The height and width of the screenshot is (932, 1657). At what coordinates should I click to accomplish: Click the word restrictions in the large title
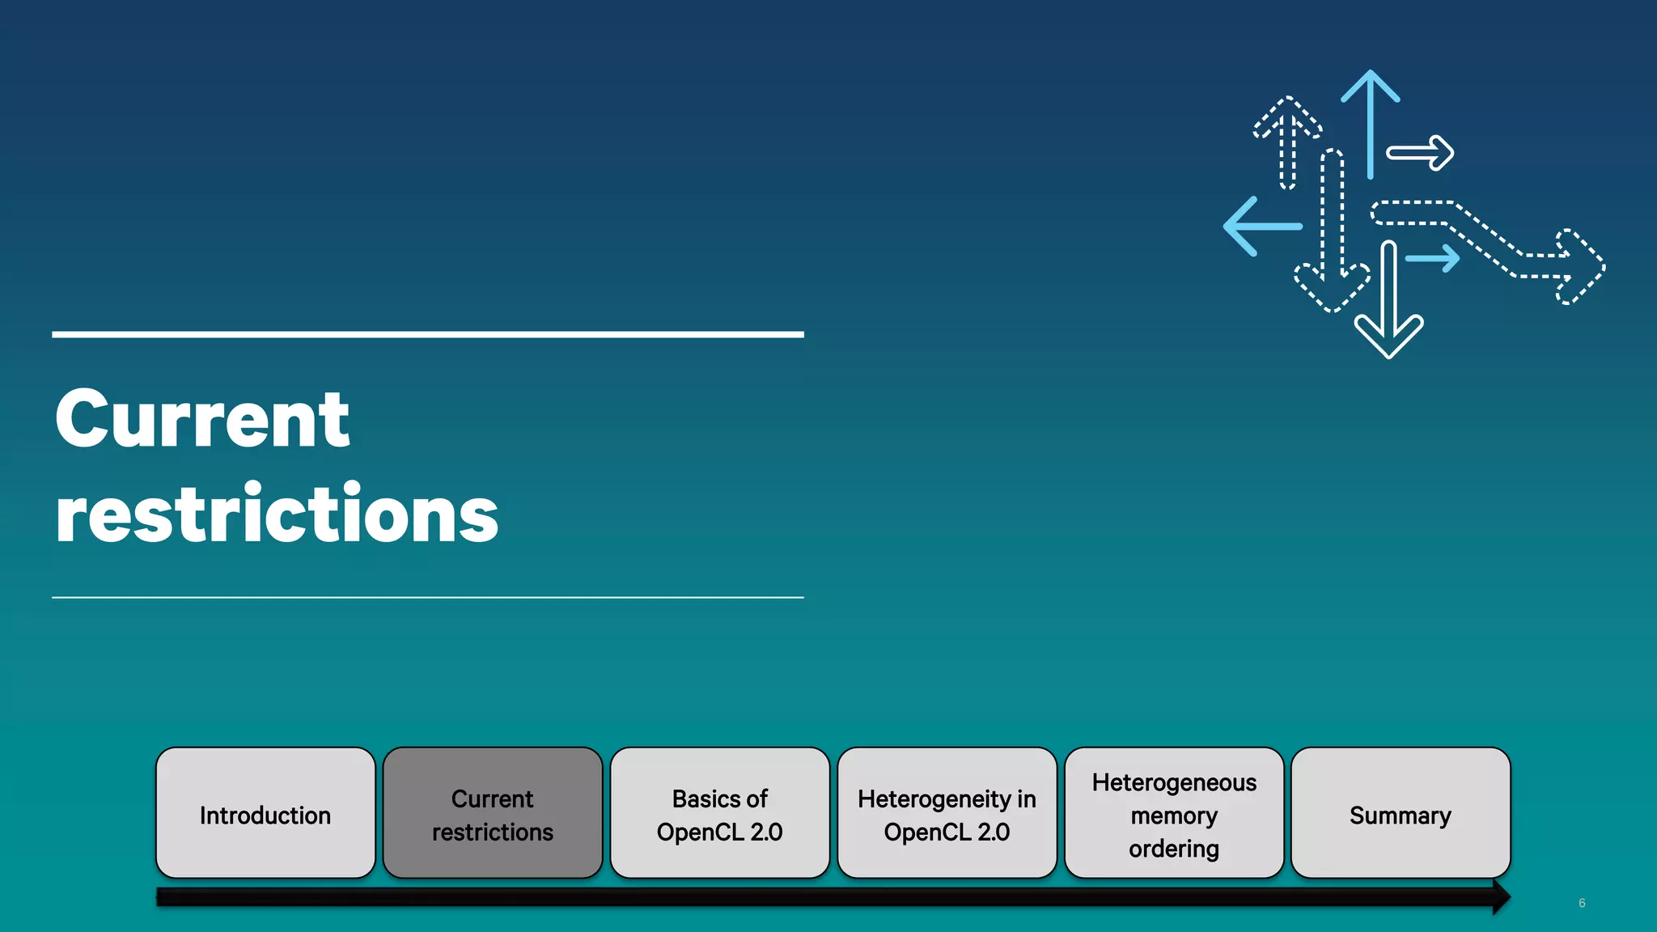pos(277,515)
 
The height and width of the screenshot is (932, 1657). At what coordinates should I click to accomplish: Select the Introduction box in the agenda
pos(265,814)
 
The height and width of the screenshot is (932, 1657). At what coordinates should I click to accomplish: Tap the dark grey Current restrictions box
pos(492,814)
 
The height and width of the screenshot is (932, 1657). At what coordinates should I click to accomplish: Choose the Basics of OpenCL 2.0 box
pos(719,814)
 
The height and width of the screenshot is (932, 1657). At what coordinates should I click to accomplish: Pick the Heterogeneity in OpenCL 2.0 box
pos(947,814)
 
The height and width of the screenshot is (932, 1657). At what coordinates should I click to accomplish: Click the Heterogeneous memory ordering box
pos(1174,814)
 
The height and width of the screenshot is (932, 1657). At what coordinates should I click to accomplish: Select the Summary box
pos(1401,814)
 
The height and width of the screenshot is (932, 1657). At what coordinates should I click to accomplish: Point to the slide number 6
pos(1582,903)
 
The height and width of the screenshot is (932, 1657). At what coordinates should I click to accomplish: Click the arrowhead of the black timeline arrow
pos(1501,897)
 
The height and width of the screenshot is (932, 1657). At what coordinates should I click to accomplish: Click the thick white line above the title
pos(427,334)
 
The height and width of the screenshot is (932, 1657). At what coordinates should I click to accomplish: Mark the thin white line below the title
pos(427,597)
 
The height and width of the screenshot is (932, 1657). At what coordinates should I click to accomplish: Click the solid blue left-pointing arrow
pos(1258,227)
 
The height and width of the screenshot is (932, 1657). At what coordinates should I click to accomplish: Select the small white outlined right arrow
pos(1422,153)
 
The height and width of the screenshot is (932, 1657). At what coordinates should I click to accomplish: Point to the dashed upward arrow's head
pos(1287,113)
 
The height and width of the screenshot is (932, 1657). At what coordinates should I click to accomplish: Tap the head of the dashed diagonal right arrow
pos(1578,267)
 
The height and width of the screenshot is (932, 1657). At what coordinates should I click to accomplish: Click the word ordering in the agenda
pos(1174,849)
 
